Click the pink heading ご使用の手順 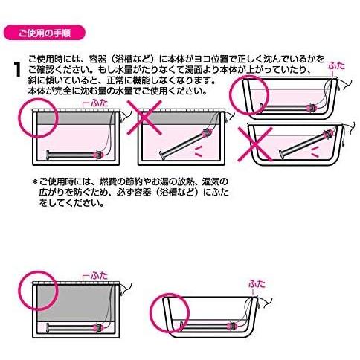point(45,33)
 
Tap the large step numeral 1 point(17,70)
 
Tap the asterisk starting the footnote point(35,182)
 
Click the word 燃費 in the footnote point(109,182)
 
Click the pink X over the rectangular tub point(144,118)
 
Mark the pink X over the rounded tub point(255,144)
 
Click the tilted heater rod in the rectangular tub point(186,144)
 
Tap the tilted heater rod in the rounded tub point(306,144)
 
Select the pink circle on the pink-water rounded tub point(249,95)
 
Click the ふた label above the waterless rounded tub point(257,283)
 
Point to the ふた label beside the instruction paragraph point(336,65)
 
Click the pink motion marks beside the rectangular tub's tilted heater point(199,152)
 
